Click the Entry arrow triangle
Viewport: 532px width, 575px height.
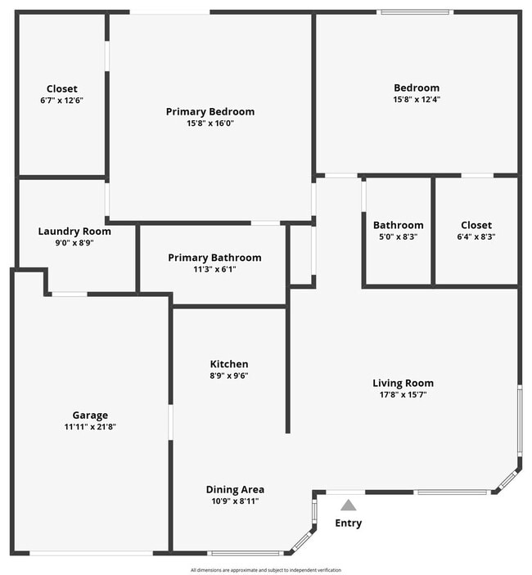click(x=349, y=505)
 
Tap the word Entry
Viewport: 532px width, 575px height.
click(x=349, y=523)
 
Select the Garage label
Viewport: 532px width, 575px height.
click(x=90, y=416)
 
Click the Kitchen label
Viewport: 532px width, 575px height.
click(x=229, y=364)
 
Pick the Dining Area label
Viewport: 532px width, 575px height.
click(x=235, y=490)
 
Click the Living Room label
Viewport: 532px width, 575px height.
click(x=403, y=383)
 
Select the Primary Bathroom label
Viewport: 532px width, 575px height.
click(x=214, y=258)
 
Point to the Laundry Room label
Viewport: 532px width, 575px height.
click(x=74, y=231)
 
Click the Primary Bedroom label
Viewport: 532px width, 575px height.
click(x=210, y=112)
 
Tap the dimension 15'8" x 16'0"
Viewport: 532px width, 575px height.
click(x=210, y=124)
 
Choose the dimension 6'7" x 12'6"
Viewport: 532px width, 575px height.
click(x=62, y=101)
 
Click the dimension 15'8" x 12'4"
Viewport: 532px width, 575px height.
click(x=417, y=100)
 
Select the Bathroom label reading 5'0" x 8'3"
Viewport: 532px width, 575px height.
click(x=399, y=225)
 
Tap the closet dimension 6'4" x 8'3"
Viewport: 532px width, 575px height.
click(x=476, y=236)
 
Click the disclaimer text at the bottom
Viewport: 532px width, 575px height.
click(x=266, y=570)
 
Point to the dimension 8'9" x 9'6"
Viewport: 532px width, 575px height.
click(x=229, y=376)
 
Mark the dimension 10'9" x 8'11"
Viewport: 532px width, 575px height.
click(x=235, y=501)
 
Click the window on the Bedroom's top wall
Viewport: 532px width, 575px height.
click(x=415, y=12)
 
